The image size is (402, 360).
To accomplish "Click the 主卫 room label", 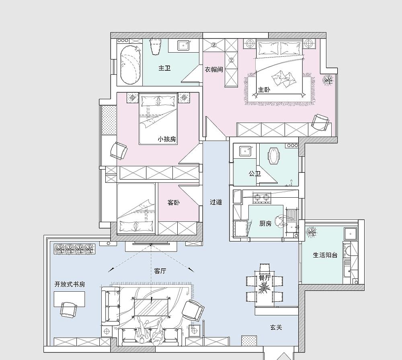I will click(164, 68).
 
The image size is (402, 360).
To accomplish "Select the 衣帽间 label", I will click(214, 70).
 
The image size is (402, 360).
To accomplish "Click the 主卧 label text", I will click(264, 90).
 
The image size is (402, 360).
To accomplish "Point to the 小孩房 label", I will click(167, 139).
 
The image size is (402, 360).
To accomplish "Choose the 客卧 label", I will click(174, 203).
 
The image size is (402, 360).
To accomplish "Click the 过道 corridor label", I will click(216, 202).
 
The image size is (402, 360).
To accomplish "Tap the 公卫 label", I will click(254, 174).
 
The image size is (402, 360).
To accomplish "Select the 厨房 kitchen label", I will click(265, 223).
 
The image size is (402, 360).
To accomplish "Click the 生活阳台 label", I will click(325, 255).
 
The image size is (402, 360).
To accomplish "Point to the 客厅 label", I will click(160, 271).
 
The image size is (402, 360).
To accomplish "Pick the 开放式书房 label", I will click(70, 284).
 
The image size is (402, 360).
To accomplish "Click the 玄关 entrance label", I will click(276, 327).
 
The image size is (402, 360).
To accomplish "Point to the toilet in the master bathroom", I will click(155, 47).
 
